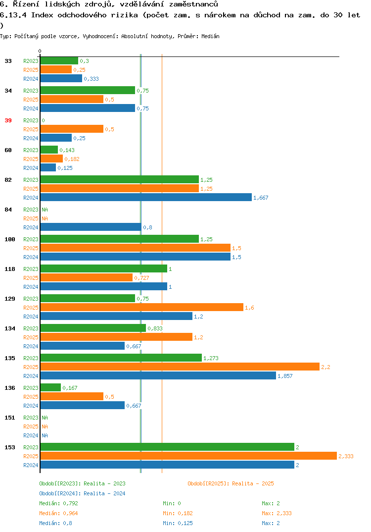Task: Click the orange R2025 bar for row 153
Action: tap(189, 456)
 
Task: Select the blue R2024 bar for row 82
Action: tap(146, 198)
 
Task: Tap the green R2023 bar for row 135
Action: tap(121, 358)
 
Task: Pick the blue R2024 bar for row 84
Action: tap(91, 227)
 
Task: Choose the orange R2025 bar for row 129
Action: tap(142, 308)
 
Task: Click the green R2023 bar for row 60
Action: tap(49, 150)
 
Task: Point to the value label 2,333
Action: tap(346, 456)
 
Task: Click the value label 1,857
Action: tap(285, 376)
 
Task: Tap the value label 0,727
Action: tap(141, 278)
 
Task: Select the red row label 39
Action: tap(8, 120)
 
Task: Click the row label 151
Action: tap(10, 418)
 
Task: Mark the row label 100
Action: tap(10, 239)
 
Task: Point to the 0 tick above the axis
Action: tap(40, 51)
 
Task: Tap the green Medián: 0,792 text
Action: tap(58, 503)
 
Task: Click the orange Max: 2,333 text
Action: tap(277, 513)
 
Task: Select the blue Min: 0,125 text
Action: tap(178, 523)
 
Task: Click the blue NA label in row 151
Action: tap(45, 435)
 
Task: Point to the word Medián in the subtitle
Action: tap(210, 36)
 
